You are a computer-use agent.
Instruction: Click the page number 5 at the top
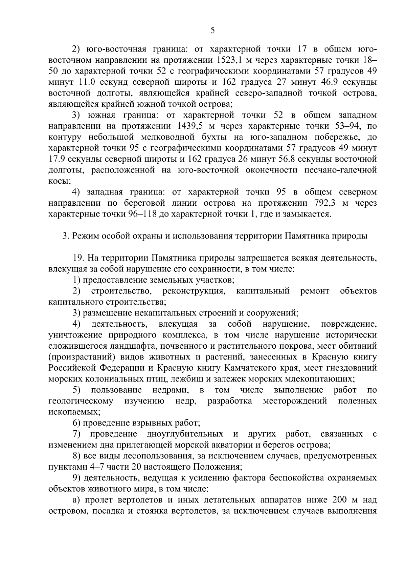(212, 31)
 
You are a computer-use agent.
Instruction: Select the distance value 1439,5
(190, 126)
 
